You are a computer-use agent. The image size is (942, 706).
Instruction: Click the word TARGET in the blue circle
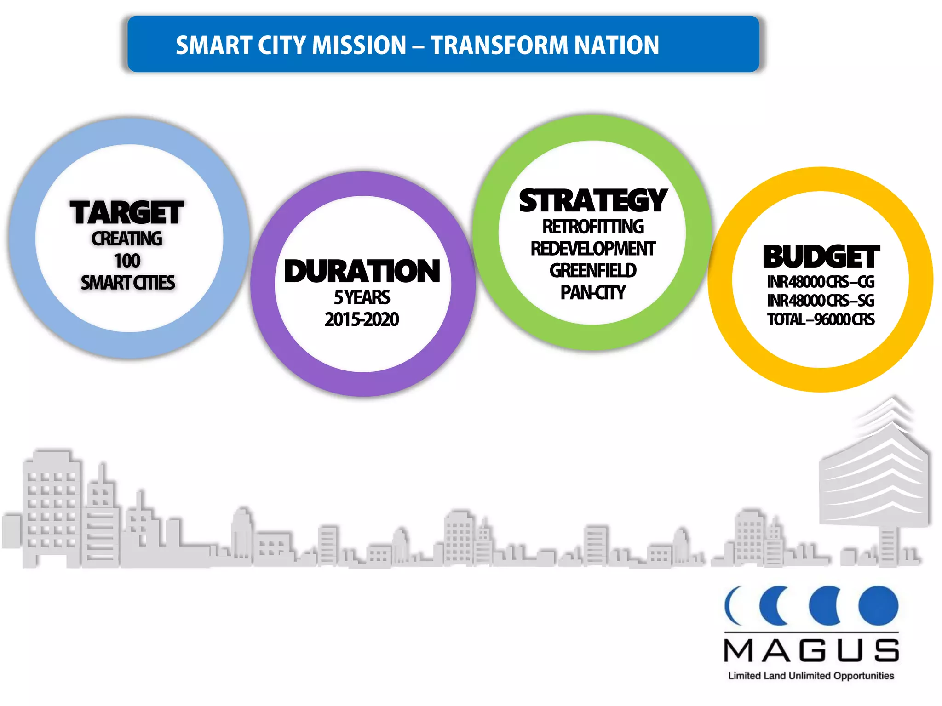pyautogui.click(x=127, y=213)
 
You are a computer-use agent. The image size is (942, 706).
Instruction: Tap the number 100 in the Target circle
pyautogui.click(x=127, y=261)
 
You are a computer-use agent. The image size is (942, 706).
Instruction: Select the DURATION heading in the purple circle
pyautogui.click(x=362, y=271)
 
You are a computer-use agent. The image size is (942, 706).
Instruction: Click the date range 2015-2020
pyautogui.click(x=362, y=319)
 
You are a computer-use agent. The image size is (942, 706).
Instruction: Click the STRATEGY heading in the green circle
pyautogui.click(x=593, y=201)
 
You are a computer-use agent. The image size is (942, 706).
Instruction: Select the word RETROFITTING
pyautogui.click(x=593, y=227)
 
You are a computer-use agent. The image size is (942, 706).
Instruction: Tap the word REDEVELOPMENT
pyautogui.click(x=593, y=249)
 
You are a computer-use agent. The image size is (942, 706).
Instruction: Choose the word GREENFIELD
pyautogui.click(x=593, y=271)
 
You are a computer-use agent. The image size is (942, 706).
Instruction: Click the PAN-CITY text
pyautogui.click(x=593, y=292)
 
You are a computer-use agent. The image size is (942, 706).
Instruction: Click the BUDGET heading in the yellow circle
pyautogui.click(x=821, y=256)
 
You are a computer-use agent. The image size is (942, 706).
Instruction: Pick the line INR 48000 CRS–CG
pyautogui.click(x=821, y=282)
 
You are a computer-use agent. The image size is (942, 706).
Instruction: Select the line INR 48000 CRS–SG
pyautogui.click(x=821, y=301)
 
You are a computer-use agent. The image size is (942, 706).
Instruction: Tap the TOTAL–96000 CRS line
pyautogui.click(x=821, y=319)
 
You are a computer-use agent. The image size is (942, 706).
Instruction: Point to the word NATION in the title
pyautogui.click(x=616, y=45)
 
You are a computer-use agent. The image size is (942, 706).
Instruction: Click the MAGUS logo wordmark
pyautogui.click(x=811, y=651)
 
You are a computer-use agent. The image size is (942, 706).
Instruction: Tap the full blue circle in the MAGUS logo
pyautogui.click(x=879, y=606)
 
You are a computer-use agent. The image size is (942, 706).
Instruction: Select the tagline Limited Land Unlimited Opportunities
pyautogui.click(x=811, y=676)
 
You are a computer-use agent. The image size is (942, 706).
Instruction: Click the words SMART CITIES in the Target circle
pyautogui.click(x=127, y=283)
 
